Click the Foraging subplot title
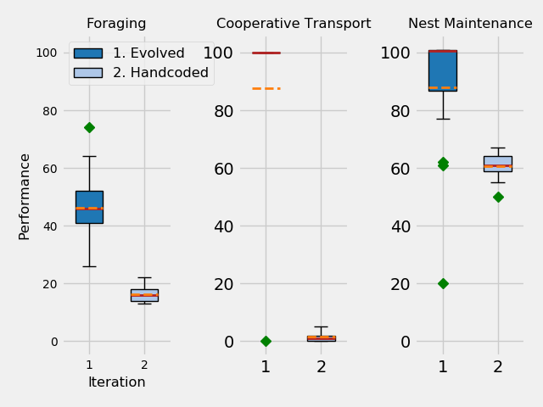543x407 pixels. (x=116, y=24)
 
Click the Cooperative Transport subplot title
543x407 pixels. (x=294, y=24)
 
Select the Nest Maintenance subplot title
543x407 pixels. (x=470, y=24)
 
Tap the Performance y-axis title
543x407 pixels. (x=25, y=196)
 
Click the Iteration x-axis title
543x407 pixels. (x=116, y=382)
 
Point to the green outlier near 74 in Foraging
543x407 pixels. (x=89, y=127)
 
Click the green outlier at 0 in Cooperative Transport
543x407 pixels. (x=266, y=341)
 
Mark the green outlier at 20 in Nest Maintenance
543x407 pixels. (x=443, y=283)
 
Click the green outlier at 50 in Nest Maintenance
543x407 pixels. (x=498, y=197)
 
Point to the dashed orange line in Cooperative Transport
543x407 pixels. (x=266, y=88)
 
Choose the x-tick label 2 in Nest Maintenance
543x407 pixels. (x=498, y=367)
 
